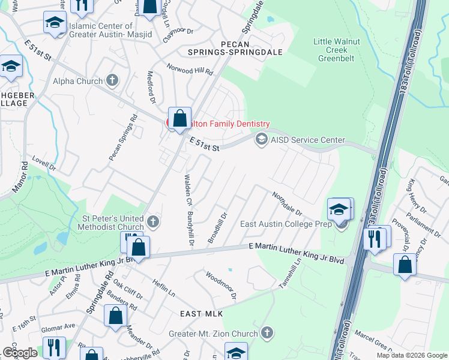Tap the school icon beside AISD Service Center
pyautogui.click(x=261, y=139)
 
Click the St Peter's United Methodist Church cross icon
pyautogui.click(x=153, y=221)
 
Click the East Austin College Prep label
pyautogui.click(x=286, y=224)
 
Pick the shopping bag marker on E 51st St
pyautogui.click(x=179, y=119)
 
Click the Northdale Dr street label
pyautogui.click(x=286, y=204)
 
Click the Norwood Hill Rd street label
pyautogui.click(x=190, y=70)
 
